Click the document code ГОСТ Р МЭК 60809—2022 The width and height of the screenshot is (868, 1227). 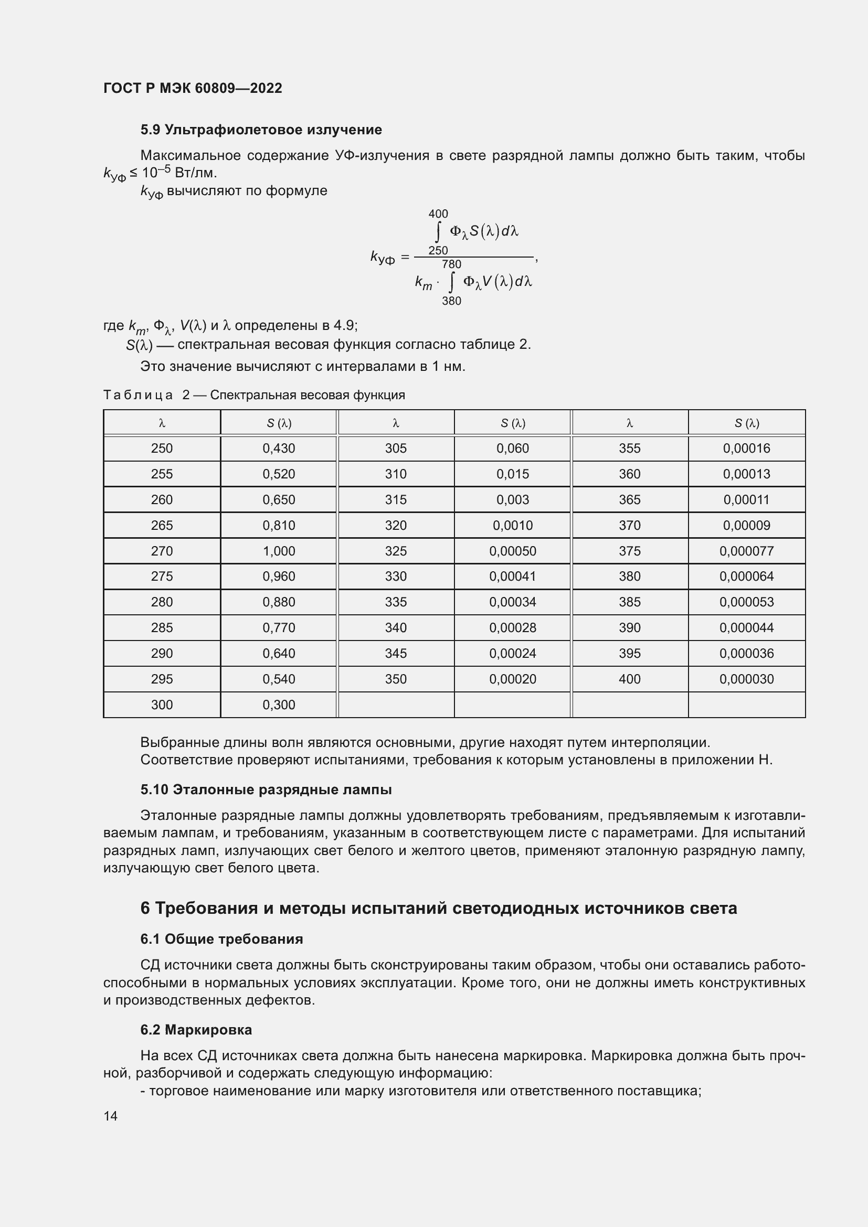click(193, 88)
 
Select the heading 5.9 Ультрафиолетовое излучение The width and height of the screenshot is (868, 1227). click(261, 130)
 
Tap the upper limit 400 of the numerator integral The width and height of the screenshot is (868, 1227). click(438, 214)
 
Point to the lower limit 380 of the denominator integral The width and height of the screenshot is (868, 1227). click(451, 301)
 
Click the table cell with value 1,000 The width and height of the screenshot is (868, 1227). click(279, 551)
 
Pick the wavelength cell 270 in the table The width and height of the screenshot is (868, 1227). click(162, 551)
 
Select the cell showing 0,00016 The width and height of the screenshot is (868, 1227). click(746, 449)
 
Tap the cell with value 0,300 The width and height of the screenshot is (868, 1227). click(279, 705)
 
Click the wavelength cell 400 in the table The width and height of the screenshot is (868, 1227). click(629, 679)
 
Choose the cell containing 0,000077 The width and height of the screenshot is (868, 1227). click(746, 551)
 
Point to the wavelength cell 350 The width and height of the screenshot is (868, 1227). click(396, 679)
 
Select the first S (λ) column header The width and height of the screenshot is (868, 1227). click(279, 423)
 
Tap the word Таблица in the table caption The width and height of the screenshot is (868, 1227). click(138, 395)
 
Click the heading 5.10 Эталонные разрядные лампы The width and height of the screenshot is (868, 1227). click(266, 790)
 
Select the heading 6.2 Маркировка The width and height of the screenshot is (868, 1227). click(196, 1030)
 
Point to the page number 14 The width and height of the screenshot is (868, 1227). click(111, 1116)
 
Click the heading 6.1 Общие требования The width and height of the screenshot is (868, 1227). click(221, 939)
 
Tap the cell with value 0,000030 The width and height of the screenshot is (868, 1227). click(746, 679)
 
